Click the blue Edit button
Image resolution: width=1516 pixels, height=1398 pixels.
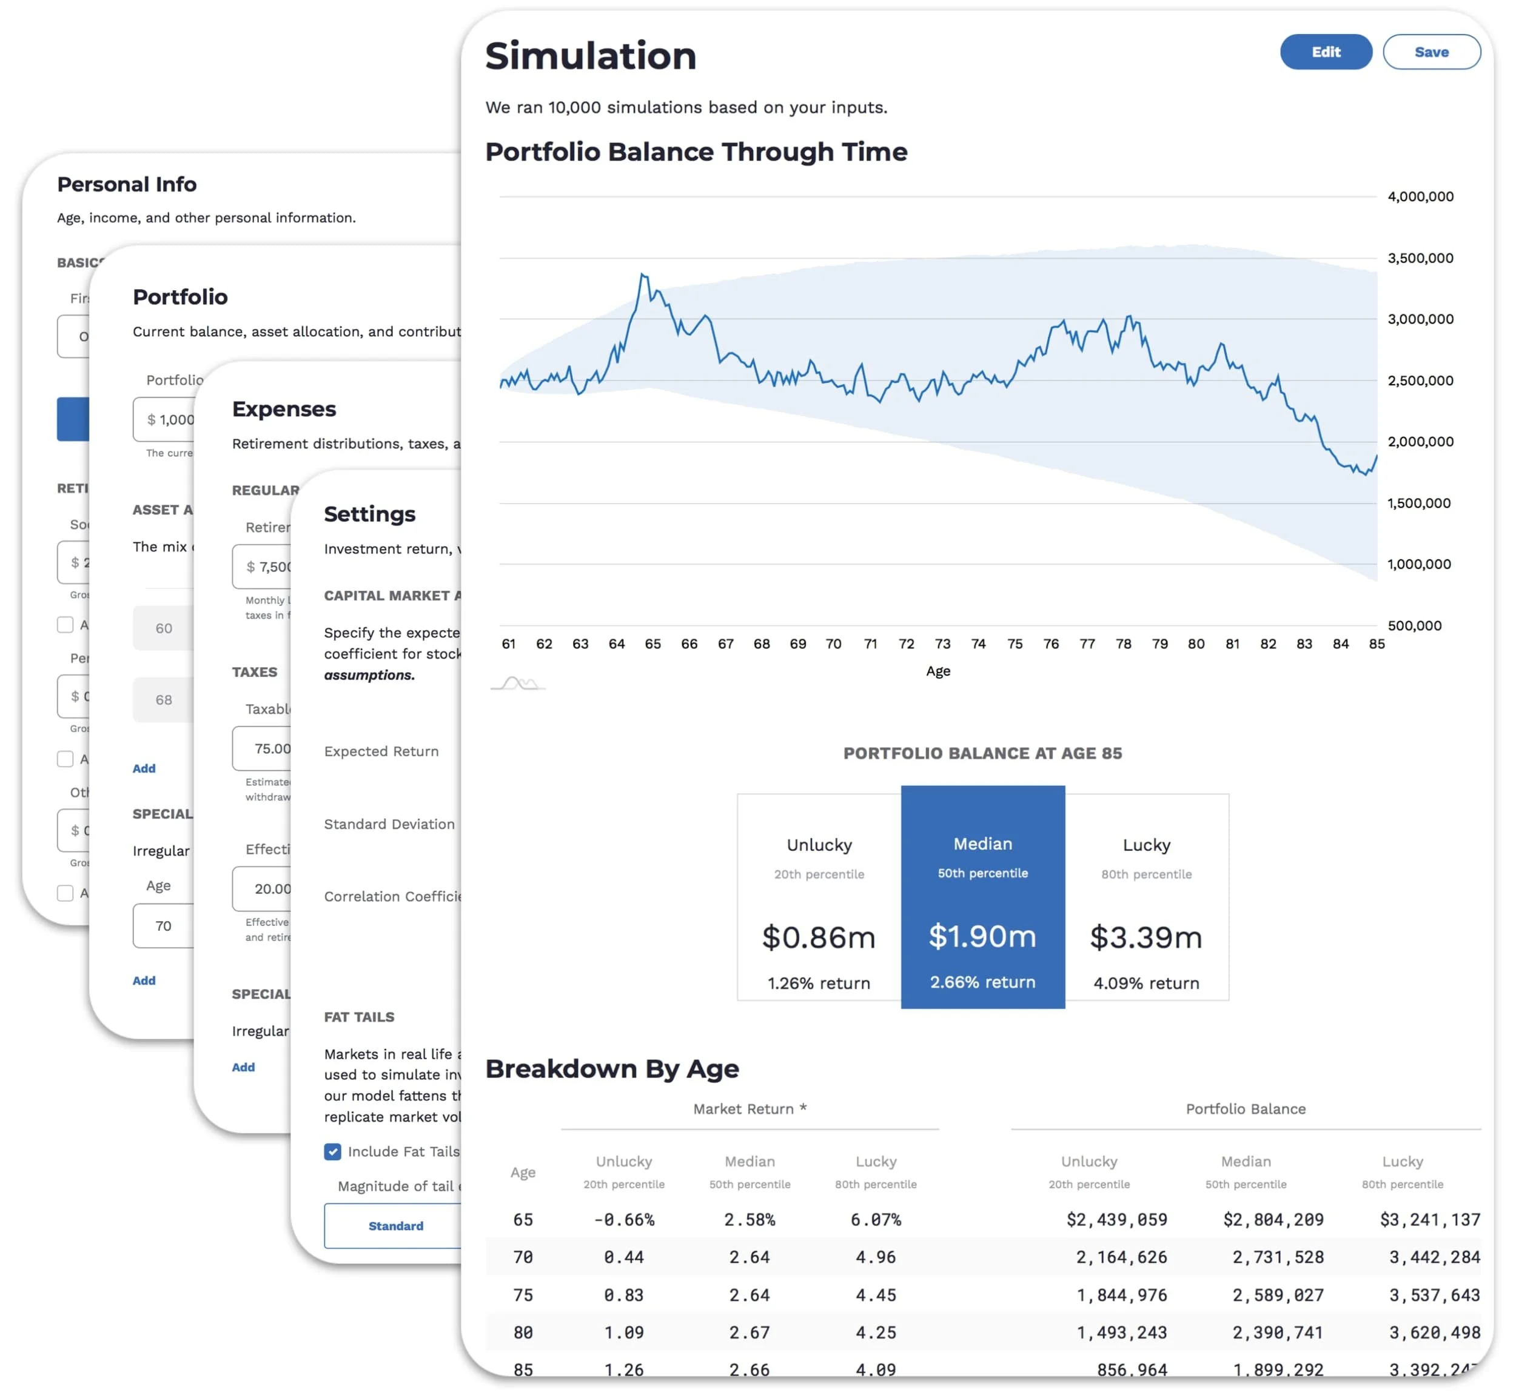click(1325, 52)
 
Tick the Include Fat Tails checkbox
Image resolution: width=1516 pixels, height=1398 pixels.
click(332, 1151)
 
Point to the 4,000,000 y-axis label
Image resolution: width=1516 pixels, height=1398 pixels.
click(1420, 197)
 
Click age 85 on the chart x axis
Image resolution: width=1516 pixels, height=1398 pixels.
click(1376, 644)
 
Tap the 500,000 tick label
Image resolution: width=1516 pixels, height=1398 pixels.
click(1414, 625)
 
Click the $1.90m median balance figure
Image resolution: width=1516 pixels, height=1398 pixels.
click(982, 936)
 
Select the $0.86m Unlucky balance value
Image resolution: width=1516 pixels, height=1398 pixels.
click(818, 937)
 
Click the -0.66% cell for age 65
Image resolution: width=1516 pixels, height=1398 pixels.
click(623, 1219)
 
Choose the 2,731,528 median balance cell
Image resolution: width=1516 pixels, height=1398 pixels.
click(1278, 1257)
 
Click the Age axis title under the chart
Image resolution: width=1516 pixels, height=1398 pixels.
click(937, 671)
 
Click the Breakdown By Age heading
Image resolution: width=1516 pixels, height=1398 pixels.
click(611, 1068)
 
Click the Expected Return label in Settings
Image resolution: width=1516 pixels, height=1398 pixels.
click(381, 751)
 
